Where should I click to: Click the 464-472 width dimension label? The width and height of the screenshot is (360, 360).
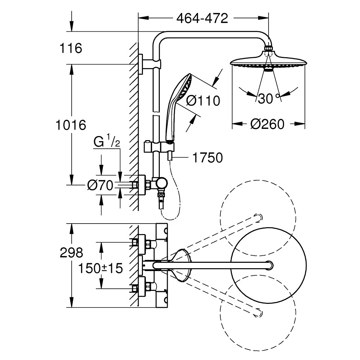pyautogui.click(x=202, y=18)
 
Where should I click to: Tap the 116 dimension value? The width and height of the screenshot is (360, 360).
pyautogui.click(x=71, y=48)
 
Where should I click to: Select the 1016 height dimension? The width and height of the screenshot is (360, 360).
pyautogui.click(x=71, y=125)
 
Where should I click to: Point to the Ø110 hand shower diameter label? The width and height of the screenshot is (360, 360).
pyautogui.click(x=203, y=100)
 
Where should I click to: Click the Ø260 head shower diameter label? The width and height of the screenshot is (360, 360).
pyautogui.click(x=267, y=124)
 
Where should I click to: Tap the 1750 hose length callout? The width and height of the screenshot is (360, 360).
pyautogui.click(x=207, y=158)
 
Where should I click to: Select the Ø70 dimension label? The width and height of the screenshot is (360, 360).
pyautogui.click(x=100, y=185)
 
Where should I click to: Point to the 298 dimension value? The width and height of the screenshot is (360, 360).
pyautogui.click(x=71, y=253)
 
